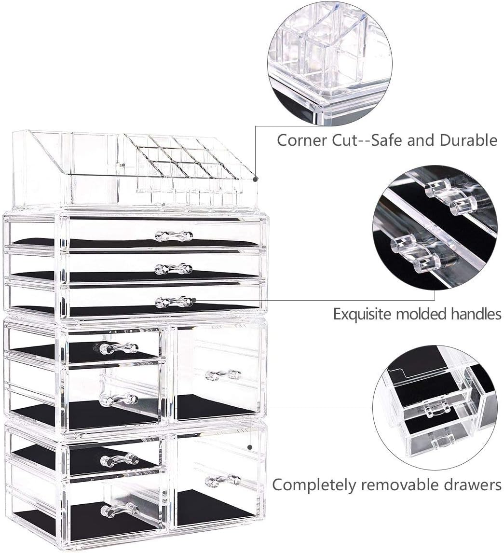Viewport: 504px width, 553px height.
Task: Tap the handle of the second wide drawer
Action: click(x=174, y=268)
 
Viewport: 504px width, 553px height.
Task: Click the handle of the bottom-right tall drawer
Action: click(x=223, y=480)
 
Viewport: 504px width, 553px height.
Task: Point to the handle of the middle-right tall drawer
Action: click(x=223, y=374)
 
